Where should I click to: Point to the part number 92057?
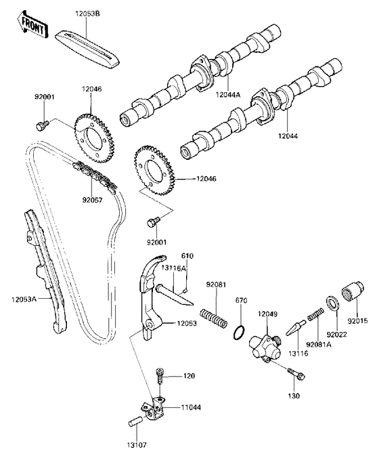pos(92,201)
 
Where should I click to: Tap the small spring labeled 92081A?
pos(313,314)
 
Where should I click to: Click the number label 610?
pos(187,255)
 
